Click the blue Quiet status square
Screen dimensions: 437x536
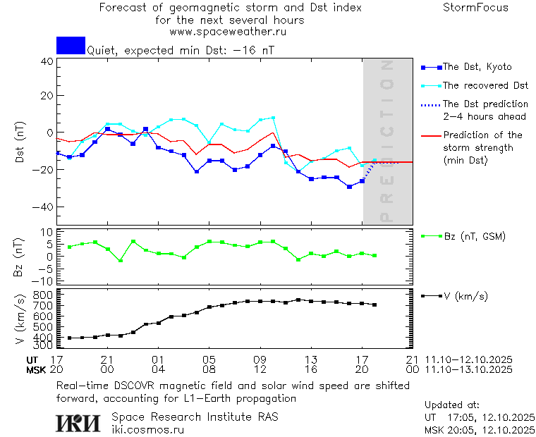(71, 45)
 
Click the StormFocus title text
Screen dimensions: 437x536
(475, 8)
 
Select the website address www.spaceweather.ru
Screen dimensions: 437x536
(228, 32)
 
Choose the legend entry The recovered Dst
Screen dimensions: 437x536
(485, 85)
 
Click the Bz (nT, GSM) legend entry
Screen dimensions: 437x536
(474, 236)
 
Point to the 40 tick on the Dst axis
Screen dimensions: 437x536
(47, 61)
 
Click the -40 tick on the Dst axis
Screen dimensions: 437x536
(44, 207)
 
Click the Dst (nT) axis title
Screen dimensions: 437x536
(20, 142)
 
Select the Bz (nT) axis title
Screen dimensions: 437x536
(20, 257)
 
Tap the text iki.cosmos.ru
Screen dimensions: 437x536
(148, 429)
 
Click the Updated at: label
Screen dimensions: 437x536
(452, 405)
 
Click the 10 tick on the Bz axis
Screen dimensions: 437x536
(48, 232)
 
